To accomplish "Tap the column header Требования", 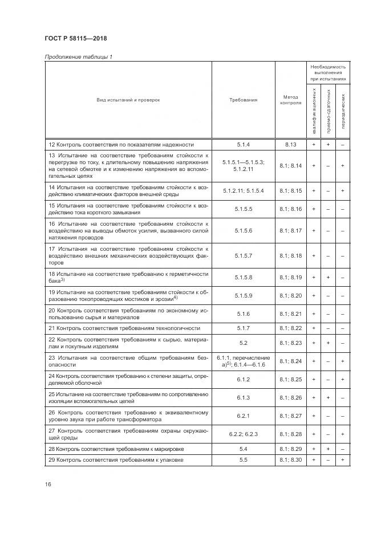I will pos(244,100).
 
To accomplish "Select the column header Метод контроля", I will pos(290,100).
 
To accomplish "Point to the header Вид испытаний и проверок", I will pos(128,100).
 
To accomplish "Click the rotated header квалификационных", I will pos(314,111).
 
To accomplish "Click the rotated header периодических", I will pos(343,111).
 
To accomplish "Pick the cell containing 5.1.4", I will pos(244,145).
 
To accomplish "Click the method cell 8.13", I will pos(290,145).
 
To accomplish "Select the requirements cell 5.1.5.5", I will pos(244,209).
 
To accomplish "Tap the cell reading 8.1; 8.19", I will pos(290,277).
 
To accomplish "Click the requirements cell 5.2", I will pos(244,343).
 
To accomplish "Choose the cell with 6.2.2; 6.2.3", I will pos(244,434).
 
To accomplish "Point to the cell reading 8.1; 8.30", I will pos(290,459).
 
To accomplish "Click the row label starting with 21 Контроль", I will pos(124,328).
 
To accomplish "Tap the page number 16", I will pos(48,484).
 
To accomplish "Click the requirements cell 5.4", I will pos(244,449).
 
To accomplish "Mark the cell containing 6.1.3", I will pos(244,397).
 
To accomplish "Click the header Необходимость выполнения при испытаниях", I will pos(328,72).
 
